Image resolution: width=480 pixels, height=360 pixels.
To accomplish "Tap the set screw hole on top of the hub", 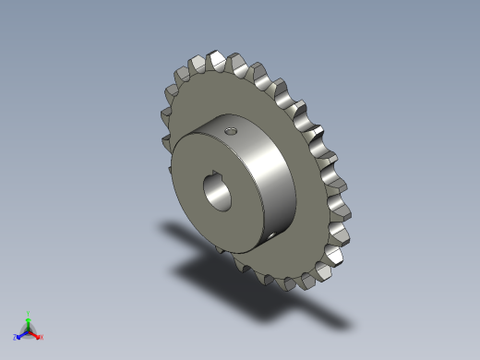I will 231,131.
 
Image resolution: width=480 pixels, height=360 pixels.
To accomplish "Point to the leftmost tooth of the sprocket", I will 167,115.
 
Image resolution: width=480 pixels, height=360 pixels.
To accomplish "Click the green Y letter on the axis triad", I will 29,313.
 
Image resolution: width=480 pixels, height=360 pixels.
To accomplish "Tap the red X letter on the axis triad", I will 42,337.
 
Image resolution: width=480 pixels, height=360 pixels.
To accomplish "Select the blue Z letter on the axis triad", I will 16,338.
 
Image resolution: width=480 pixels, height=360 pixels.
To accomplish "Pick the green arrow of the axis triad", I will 29,322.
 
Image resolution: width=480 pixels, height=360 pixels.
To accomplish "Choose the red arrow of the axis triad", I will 35,333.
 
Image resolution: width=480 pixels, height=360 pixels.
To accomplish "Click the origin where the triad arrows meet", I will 29,330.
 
